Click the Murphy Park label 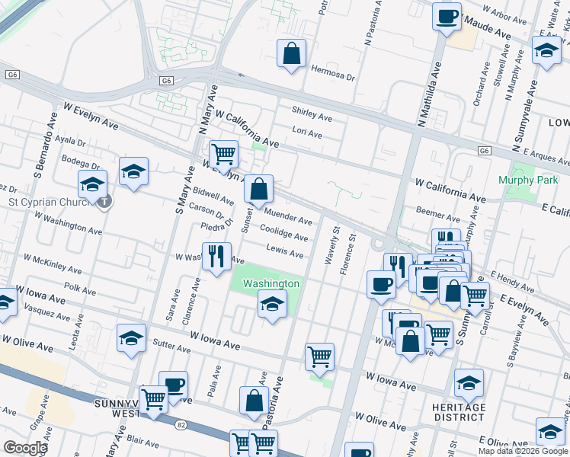point(527,180)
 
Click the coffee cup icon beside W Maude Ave point(447,16)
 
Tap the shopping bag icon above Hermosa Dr point(291,54)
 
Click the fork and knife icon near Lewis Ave point(217,256)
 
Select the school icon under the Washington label point(272,305)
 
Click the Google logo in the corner point(25,448)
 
